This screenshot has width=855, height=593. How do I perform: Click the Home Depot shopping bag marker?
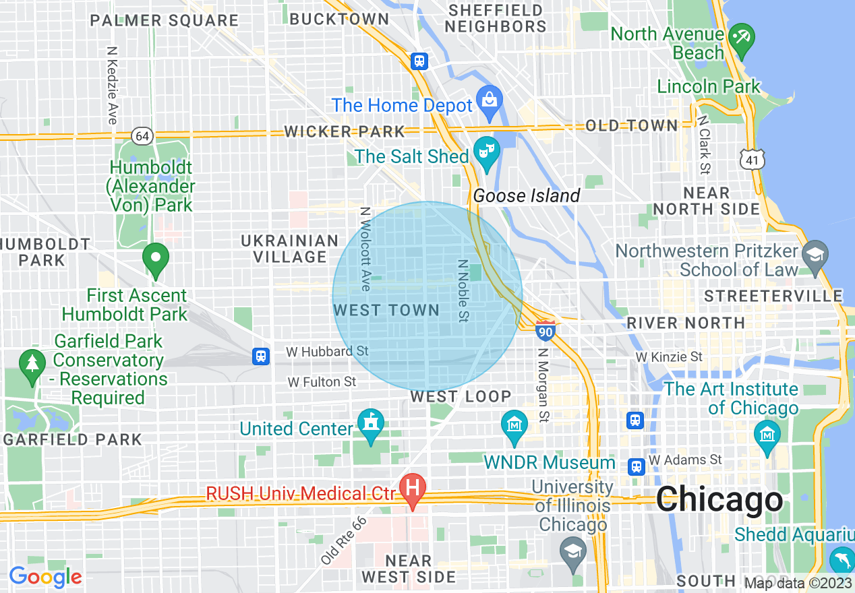click(489, 99)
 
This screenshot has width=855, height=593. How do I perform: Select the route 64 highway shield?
click(142, 136)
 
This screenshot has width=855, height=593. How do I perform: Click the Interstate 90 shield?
click(546, 331)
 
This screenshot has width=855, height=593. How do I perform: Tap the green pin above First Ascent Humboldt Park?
click(156, 259)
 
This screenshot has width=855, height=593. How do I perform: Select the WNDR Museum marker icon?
click(514, 426)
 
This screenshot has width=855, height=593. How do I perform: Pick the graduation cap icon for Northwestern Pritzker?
click(815, 255)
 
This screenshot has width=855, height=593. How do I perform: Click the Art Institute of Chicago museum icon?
click(767, 435)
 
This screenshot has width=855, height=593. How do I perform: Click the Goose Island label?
click(526, 196)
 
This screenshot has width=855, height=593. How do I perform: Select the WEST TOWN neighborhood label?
click(386, 311)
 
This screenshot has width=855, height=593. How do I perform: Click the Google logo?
click(45, 577)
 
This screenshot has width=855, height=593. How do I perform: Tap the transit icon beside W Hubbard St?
click(261, 356)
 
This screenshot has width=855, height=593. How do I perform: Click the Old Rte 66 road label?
click(345, 540)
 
